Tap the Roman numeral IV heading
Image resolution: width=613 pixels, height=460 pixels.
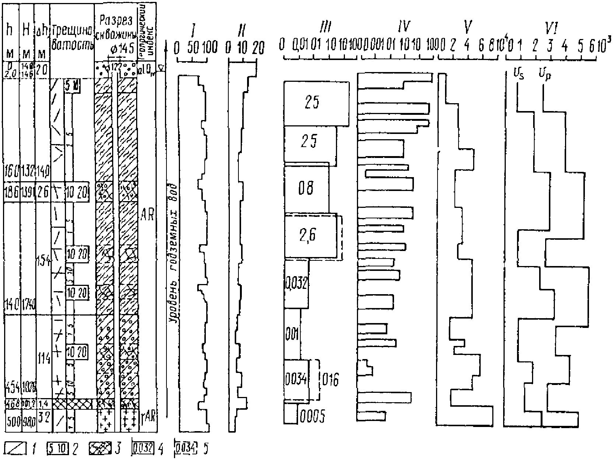(x=404, y=26)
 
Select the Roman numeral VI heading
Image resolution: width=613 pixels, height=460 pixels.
(x=550, y=26)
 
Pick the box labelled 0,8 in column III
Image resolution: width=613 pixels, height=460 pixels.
(x=306, y=189)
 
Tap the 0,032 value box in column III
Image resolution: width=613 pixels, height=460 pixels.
(x=296, y=284)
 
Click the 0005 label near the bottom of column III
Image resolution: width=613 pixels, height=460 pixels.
(x=312, y=416)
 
